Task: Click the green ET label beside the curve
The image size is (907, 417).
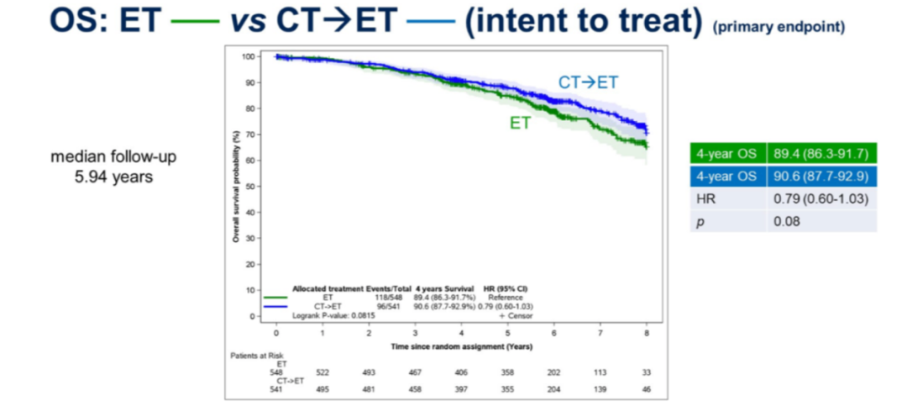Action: point(520,123)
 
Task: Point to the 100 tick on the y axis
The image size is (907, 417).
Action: point(248,57)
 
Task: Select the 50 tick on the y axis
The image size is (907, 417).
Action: point(249,187)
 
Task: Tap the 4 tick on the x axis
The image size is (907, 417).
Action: point(461,333)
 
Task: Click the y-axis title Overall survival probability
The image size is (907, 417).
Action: point(239,187)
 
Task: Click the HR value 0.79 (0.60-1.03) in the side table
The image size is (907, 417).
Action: point(820,199)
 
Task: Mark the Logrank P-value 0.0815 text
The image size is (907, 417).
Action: point(325,315)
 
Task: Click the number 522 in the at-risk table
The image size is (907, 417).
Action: point(322,372)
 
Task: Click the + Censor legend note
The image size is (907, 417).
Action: point(514,315)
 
